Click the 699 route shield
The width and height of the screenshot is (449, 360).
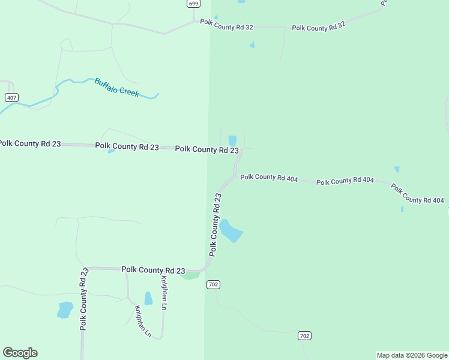[x=193, y=4]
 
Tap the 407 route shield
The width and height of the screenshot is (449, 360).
[x=11, y=97]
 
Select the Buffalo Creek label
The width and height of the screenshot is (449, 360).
[x=116, y=88]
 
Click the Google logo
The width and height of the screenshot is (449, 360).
[x=20, y=353]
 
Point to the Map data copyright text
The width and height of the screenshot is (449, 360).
[x=412, y=355]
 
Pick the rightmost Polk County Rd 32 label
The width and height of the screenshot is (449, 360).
[x=319, y=27]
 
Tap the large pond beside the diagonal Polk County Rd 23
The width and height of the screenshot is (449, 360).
[x=231, y=231]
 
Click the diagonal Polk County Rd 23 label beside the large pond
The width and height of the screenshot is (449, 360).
[x=215, y=224]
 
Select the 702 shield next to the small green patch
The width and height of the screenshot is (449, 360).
[x=212, y=284]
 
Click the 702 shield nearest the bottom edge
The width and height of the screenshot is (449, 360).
[x=304, y=336]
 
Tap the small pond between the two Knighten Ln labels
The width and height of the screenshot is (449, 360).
[x=148, y=298]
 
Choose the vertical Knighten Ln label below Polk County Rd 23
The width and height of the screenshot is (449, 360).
[x=163, y=293]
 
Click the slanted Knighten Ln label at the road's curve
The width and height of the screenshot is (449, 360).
[x=143, y=321]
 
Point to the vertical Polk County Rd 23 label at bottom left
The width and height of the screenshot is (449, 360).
[x=83, y=299]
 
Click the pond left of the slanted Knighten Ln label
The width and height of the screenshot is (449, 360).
[x=65, y=310]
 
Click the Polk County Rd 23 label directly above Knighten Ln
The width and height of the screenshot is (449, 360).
[x=153, y=270]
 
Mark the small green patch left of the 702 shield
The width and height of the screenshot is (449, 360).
[x=191, y=275]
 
